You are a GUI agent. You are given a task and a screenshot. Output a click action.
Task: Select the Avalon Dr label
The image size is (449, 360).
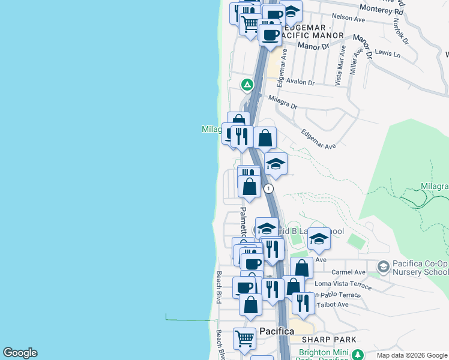click(300, 82)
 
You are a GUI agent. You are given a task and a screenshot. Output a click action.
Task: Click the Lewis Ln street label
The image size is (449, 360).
click(387, 53)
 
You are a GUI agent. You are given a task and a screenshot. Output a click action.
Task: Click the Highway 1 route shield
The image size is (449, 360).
click(269, 188)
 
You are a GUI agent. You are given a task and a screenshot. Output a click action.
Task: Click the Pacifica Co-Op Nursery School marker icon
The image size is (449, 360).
click(383, 266)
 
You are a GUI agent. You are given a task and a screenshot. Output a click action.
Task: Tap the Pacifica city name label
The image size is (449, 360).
click(277, 331)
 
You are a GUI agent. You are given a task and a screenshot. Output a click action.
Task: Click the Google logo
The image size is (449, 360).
click(20, 353)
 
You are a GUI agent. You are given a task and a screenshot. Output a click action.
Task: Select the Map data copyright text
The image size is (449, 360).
click(411, 355)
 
